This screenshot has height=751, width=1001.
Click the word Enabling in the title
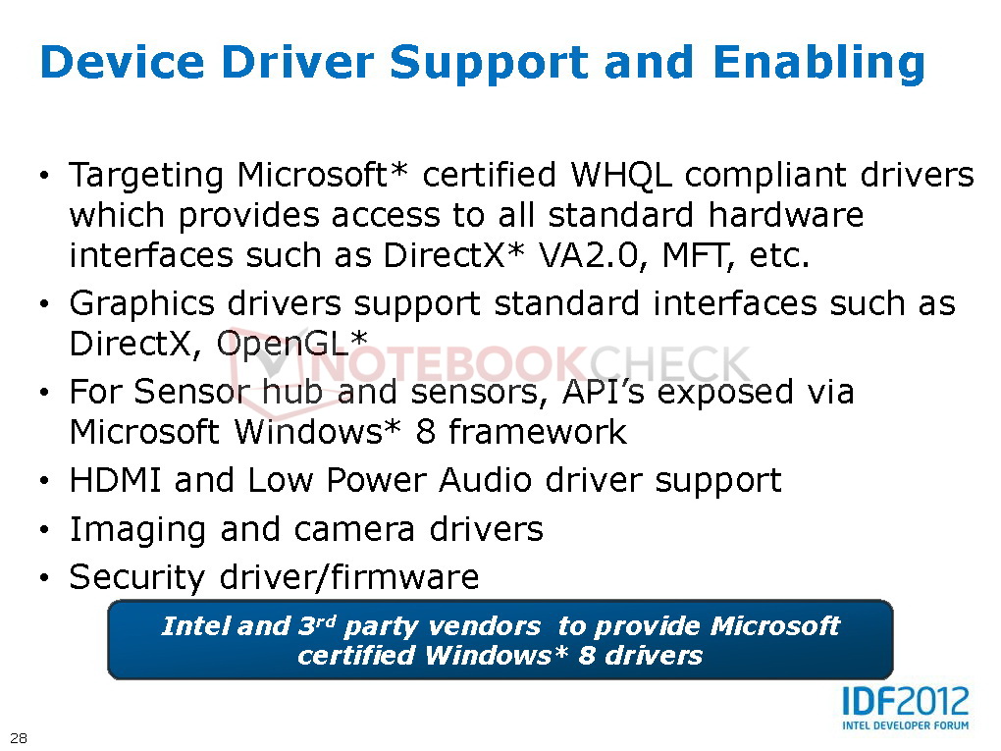pyautogui.click(x=819, y=63)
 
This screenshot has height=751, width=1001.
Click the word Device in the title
pyautogui.click(x=122, y=62)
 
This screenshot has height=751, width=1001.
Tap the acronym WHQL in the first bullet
pyautogui.click(x=621, y=175)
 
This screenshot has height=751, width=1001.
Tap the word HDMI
pyautogui.click(x=115, y=480)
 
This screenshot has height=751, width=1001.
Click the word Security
pyautogui.click(x=136, y=578)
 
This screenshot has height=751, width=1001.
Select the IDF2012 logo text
pyautogui.click(x=905, y=701)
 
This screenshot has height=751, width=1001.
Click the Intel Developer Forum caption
pyautogui.click(x=905, y=724)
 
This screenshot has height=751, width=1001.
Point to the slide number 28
pyautogui.click(x=19, y=738)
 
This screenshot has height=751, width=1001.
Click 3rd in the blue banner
pyautogui.click(x=317, y=626)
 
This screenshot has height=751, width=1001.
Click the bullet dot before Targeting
pyautogui.click(x=44, y=176)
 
